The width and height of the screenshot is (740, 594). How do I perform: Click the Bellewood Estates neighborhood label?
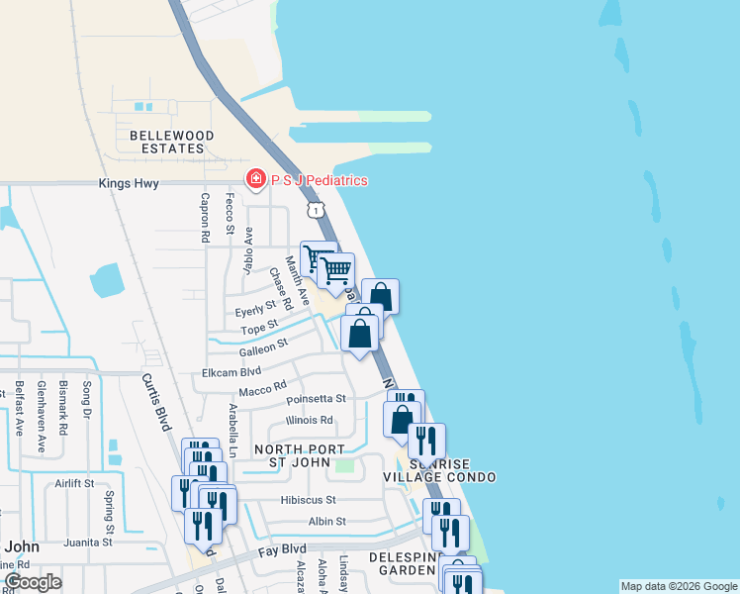click(x=165, y=142)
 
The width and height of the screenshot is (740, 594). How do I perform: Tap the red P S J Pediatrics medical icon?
click(x=255, y=179)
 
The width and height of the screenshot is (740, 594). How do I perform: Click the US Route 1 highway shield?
click(x=315, y=210)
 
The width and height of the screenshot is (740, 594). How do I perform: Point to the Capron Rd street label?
click(x=206, y=217)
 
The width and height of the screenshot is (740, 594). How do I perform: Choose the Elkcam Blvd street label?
click(x=231, y=371)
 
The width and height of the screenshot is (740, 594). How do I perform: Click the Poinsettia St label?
click(x=316, y=399)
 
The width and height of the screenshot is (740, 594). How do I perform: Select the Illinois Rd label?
click(x=309, y=420)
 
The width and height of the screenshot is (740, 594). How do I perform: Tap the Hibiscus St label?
click(x=308, y=500)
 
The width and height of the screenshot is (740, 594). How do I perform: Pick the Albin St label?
click(x=326, y=521)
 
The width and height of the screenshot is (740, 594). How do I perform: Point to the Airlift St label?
click(x=74, y=484)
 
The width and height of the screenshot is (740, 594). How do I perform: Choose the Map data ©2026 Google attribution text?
click(x=678, y=586)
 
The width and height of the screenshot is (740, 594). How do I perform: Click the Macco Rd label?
click(x=262, y=386)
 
